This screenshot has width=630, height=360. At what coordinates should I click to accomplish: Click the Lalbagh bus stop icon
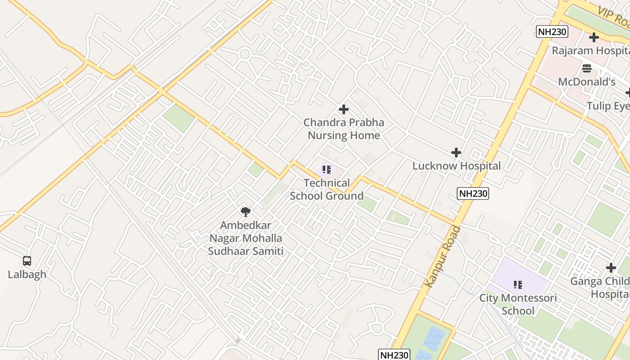(x=27, y=261)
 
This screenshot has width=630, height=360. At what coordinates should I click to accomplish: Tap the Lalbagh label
(x=27, y=274)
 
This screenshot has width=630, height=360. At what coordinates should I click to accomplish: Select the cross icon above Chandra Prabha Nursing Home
(x=344, y=109)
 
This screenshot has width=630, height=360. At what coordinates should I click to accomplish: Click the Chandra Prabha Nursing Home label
(x=344, y=129)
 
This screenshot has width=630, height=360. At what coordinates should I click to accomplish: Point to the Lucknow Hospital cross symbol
(x=456, y=153)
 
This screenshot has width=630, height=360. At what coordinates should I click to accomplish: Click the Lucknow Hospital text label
(x=456, y=166)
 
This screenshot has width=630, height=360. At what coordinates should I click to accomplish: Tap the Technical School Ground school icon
(x=327, y=170)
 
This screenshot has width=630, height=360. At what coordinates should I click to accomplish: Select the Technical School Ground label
(x=327, y=189)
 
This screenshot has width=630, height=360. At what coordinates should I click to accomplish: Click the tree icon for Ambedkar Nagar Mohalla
(x=246, y=211)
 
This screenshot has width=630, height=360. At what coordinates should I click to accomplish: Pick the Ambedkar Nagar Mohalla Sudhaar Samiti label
(x=246, y=238)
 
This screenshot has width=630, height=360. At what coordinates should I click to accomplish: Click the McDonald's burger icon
(x=587, y=68)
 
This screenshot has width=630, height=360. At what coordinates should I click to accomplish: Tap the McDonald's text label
(x=587, y=82)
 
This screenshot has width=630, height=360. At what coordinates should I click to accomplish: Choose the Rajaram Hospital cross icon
(x=594, y=37)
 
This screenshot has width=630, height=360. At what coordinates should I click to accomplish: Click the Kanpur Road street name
(x=443, y=256)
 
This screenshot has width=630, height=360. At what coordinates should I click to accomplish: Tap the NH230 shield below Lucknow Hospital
(x=473, y=193)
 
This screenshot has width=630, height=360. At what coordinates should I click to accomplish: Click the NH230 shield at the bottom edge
(x=394, y=355)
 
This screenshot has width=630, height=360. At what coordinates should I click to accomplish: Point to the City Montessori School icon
(x=518, y=284)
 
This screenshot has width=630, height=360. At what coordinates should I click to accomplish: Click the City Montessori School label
(x=518, y=304)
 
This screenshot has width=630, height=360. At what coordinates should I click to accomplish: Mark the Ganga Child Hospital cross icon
(x=611, y=268)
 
